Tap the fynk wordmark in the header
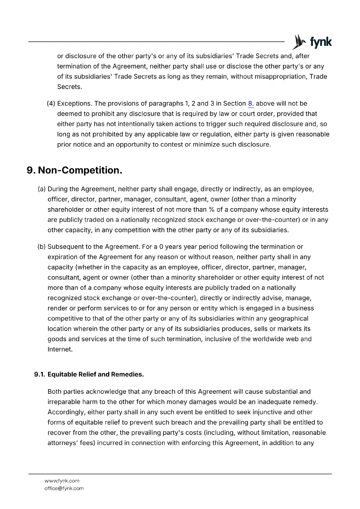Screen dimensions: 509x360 321,42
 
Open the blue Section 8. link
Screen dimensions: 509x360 251,104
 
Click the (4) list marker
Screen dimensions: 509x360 51,104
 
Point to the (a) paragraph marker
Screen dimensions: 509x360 42,189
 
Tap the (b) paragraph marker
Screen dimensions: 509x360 42,247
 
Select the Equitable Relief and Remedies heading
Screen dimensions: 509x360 95,374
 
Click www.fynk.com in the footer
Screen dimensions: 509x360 62,481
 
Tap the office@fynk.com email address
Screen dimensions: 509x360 64,488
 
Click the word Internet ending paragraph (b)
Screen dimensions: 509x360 60,349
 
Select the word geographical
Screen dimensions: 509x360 288,318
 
